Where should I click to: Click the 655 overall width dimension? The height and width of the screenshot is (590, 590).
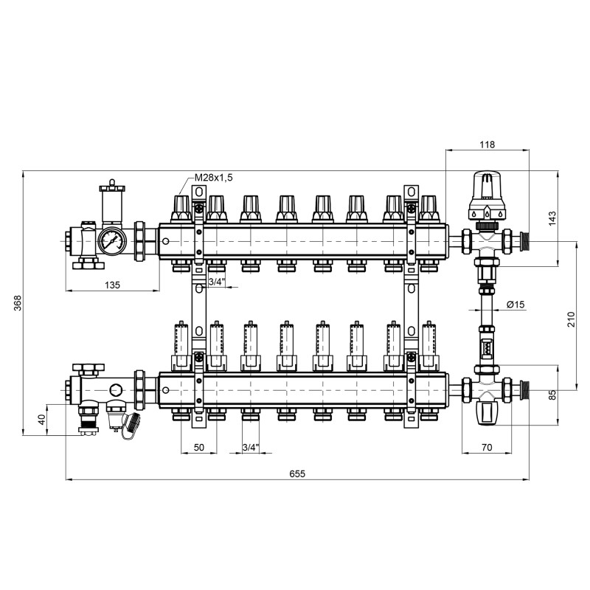[x=297, y=473]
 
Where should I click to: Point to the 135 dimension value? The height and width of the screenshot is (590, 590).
[x=111, y=284]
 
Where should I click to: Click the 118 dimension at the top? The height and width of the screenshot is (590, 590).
[x=487, y=145]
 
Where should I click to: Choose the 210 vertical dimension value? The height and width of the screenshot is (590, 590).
[x=570, y=318]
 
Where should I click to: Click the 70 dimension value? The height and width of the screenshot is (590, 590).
[x=486, y=446]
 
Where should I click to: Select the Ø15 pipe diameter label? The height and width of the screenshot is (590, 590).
[x=516, y=305]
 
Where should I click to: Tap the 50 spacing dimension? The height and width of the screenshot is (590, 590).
[x=199, y=446]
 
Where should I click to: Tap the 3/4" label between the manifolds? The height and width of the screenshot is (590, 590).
[x=216, y=281]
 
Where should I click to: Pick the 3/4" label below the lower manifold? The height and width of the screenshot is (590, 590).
[x=251, y=446]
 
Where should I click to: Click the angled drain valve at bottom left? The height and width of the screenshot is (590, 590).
[x=131, y=425]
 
